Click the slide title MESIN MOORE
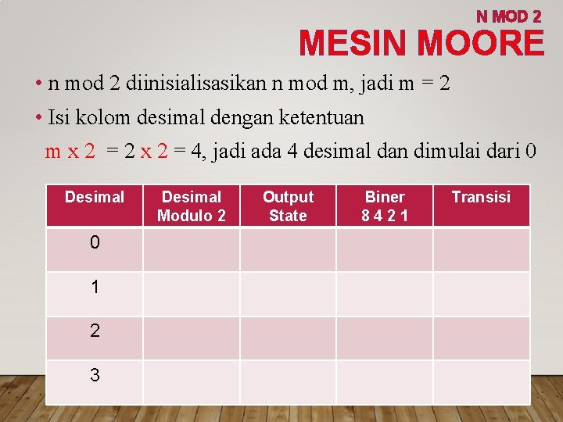click(x=421, y=43)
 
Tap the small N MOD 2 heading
click(x=509, y=16)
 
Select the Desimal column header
click(x=95, y=197)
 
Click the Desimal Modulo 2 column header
click(x=192, y=206)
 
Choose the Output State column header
click(x=288, y=206)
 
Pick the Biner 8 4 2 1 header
click(x=385, y=206)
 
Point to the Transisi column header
click(x=481, y=197)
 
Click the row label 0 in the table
click(x=95, y=243)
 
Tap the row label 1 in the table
click(x=95, y=288)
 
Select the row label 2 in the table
click(x=95, y=331)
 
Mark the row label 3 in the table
click(x=95, y=376)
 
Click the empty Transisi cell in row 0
click(x=482, y=249)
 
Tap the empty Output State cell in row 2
click(x=288, y=338)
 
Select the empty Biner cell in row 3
click(x=385, y=382)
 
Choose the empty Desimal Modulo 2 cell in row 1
click(x=192, y=294)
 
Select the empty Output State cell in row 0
click(x=288, y=249)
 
